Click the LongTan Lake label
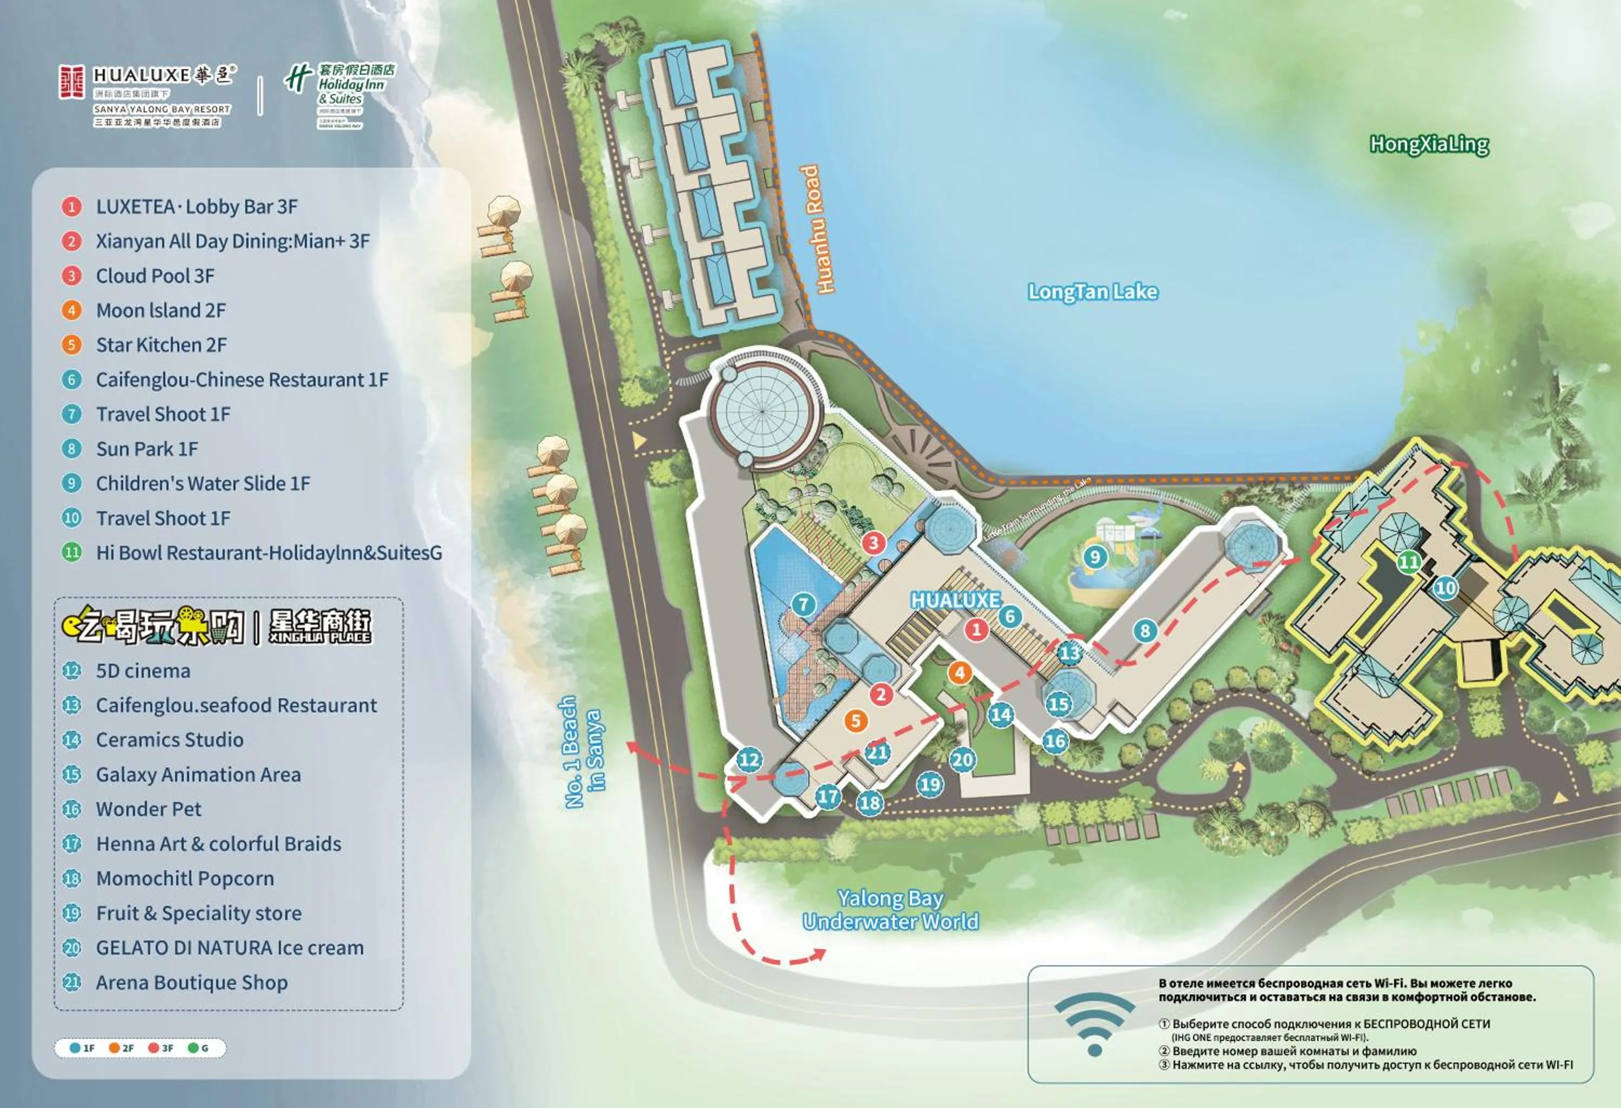coord(1093,292)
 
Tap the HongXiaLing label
coord(1429,144)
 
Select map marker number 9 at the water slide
coord(1094,557)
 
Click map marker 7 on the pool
coord(803,604)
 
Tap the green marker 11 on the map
coord(1408,562)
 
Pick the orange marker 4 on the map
coord(960,672)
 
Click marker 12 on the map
coord(749,760)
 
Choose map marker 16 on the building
coord(1055,741)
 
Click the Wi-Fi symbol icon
coord(1094,1022)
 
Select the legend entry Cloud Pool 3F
coord(155,276)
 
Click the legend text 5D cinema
coord(143,671)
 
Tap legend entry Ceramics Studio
coord(170,739)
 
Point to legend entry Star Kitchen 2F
coord(161,345)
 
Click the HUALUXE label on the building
coord(955,600)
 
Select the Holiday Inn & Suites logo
coord(340,94)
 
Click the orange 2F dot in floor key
coord(113,1048)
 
